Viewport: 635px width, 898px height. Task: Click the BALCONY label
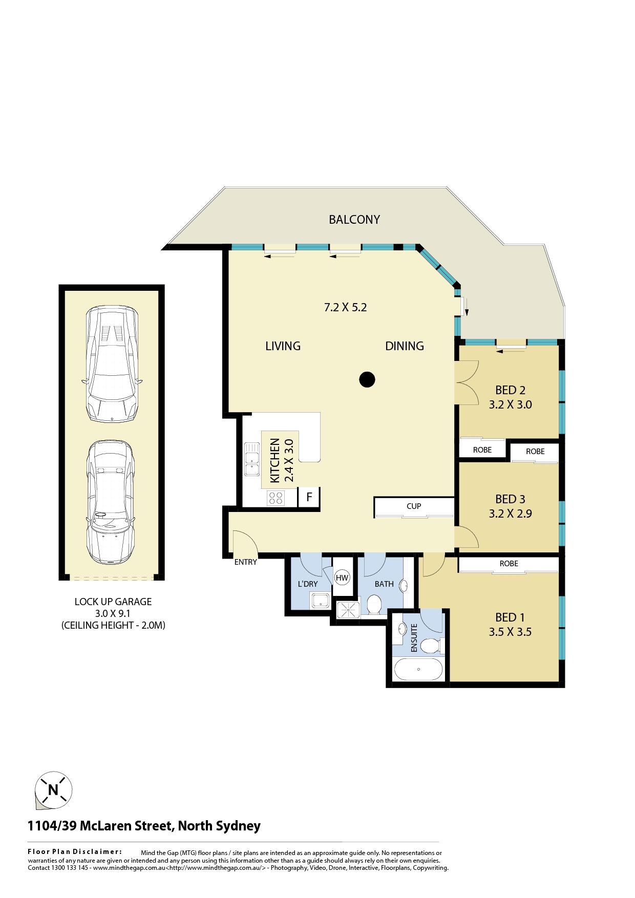pos(354,220)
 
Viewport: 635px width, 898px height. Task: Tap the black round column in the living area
pos(367,379)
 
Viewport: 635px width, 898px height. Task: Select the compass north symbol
pos(53,789)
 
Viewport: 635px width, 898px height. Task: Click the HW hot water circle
pos(342,578)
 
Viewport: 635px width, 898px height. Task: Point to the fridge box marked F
pos(309,497)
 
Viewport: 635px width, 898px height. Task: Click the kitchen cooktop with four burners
pos(276,498)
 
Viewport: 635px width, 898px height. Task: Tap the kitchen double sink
pos(251,459)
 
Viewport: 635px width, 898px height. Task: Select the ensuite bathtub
pos(418,669)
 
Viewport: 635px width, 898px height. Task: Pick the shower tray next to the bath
pos(349,609)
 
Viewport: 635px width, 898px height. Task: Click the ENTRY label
pos(245,562)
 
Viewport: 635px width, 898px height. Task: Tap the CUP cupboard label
pos(414,506)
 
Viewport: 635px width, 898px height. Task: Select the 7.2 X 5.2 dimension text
pos(345,308)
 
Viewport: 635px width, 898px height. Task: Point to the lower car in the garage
pos(111,502)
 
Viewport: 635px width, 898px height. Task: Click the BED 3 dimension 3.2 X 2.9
pos(510,514)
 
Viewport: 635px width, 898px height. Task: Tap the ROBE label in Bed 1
pos(509,563)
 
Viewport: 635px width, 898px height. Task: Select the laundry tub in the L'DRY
pos(321,601)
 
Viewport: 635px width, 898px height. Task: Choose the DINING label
pos(405,346)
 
